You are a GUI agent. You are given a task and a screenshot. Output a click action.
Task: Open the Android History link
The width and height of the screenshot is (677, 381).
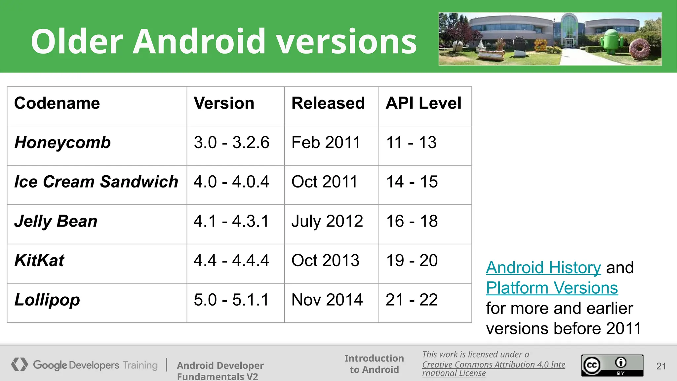click(543, 268)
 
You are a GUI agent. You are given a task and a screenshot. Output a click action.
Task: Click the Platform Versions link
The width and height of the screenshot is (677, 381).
click(552, 288)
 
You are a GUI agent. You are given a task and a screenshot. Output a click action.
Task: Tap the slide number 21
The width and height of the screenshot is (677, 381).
click(661, 366)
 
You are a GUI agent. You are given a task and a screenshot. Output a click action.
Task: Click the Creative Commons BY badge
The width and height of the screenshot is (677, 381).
click(612, 365)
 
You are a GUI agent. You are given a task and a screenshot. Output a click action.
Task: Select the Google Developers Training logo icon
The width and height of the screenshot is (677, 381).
click(19, 364)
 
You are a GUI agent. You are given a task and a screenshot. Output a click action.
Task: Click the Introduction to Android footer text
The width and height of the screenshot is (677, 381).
click(374, 364)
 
